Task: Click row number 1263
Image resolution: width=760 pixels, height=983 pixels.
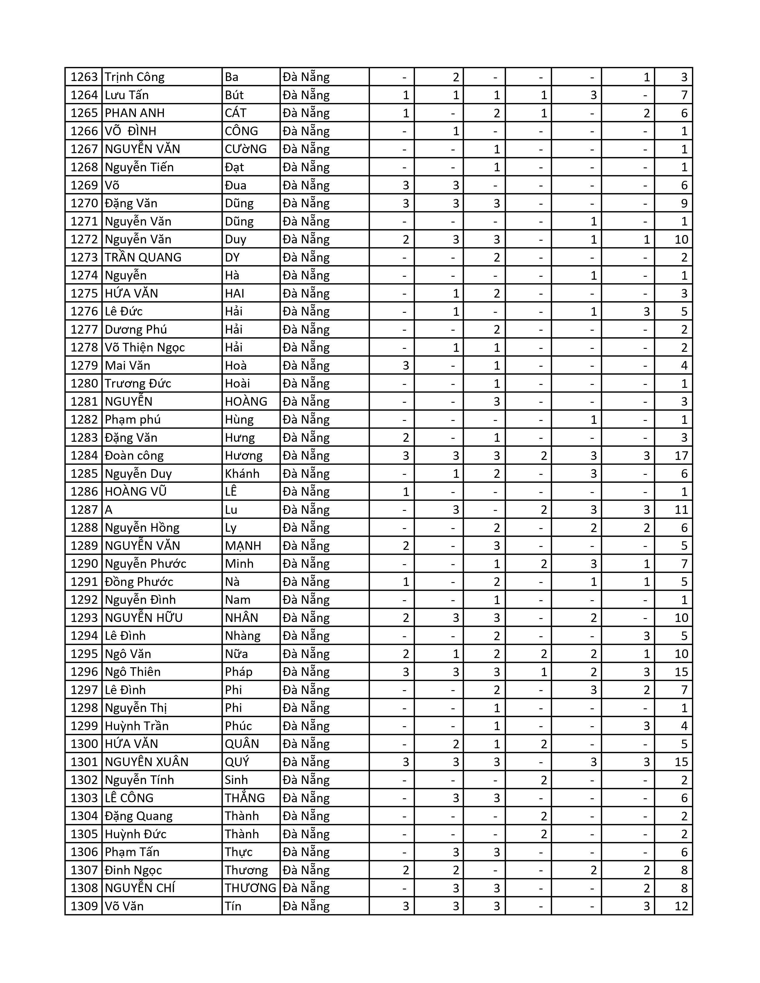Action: (84, 77)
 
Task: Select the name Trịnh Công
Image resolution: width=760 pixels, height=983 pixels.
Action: (135, 77)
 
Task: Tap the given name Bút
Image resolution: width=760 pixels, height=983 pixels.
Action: (234, 95)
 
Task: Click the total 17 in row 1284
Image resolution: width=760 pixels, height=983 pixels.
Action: (681, 455)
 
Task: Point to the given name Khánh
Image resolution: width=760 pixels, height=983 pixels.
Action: (242, 474)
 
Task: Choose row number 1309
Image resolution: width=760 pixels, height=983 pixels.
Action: (84, 906)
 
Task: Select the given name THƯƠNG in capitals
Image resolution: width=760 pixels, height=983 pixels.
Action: (250, 888)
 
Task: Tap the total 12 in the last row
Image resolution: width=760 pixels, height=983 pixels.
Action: (681, 906)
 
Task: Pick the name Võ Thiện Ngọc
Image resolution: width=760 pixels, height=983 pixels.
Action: (145, 347)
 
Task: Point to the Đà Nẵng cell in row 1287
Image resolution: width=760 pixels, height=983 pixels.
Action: (306, 509)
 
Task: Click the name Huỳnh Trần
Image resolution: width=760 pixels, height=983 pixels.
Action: (137, 726)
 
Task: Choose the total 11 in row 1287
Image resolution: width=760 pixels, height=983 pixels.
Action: (681, 509)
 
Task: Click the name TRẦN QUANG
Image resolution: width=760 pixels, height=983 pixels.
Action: (143, 257)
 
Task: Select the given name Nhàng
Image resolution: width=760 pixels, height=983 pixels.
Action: (242, 636)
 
